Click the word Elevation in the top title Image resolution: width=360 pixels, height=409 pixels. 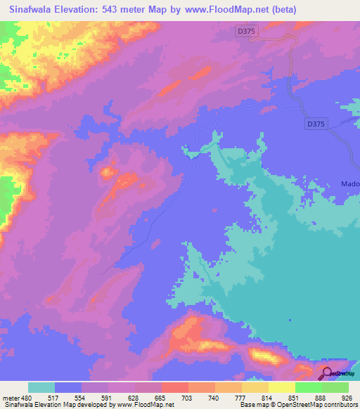pos(84,10)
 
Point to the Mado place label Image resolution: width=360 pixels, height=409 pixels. pos(350,184)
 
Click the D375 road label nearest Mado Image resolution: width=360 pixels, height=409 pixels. pos(316,124)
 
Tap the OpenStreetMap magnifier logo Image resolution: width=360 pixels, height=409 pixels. pos(327,375)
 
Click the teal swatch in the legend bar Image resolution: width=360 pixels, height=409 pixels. pos(41,387)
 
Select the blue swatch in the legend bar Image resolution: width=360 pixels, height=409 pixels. pos(68,387)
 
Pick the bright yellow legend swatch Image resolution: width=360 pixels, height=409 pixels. pos(281,387)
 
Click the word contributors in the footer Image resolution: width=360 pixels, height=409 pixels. pos(340,404)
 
